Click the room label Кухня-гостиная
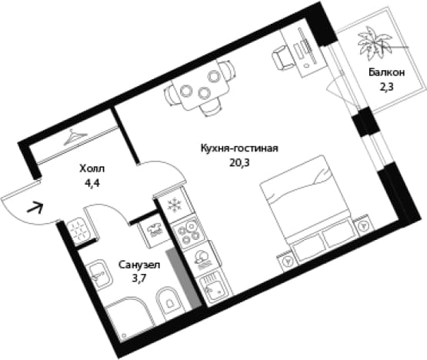[239, 149]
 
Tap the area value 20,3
[239, 163]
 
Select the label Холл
[92, 168]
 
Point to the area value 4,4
[92, 183]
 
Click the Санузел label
[139, 265]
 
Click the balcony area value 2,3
[387, 87]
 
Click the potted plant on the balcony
[375, 44]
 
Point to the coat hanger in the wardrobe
[75, 137]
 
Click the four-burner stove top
[188, 232]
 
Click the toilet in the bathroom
[169, 303]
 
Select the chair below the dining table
[210, 108]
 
